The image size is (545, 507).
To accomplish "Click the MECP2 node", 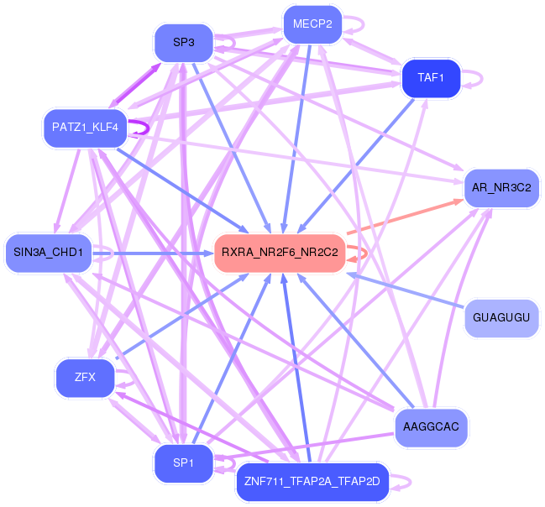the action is [313, 24].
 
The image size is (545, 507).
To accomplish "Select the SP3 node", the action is [184, 43].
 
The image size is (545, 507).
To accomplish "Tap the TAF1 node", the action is [431, 78].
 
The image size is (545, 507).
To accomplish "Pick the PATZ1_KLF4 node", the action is [85, 128].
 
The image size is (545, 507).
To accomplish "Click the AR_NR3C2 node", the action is [501, 188].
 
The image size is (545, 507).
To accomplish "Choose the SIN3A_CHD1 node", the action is [49, 253].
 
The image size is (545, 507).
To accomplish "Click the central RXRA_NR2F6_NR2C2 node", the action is [280, 253].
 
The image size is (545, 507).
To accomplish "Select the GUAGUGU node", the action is [501, 317].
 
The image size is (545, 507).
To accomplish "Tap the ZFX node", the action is [85, 378].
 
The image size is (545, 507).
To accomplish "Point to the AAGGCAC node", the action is [431, 427].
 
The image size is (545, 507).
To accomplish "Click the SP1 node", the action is [184, 463].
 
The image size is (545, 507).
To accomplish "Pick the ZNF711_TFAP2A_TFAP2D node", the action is [312, 482].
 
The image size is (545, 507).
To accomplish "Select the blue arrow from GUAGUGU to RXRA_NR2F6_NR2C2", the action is [406, 290].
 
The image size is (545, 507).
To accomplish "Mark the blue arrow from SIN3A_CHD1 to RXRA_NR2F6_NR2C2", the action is [153, 253].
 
